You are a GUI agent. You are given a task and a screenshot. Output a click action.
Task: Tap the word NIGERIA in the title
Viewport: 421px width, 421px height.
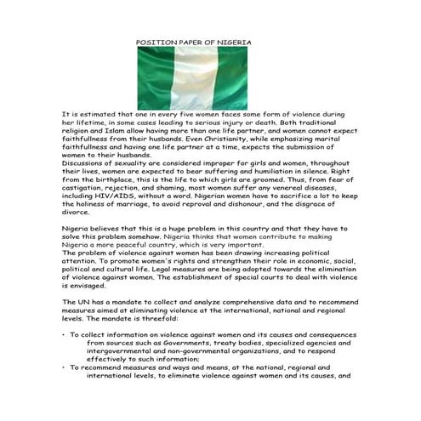click(x=234, y=42)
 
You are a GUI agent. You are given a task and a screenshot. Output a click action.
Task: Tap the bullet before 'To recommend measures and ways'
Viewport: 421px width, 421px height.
click(x=64, y=366)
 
